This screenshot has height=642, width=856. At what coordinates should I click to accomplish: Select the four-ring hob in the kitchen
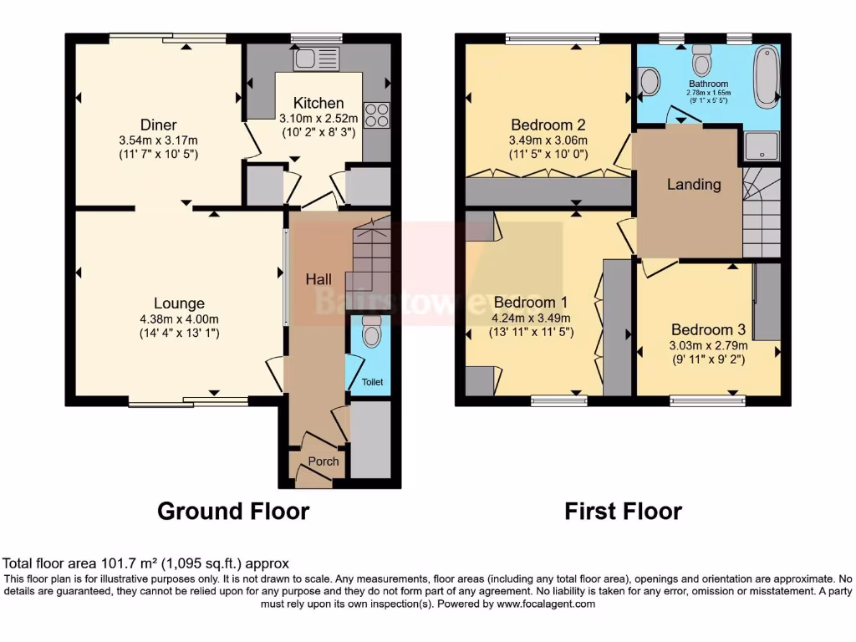click(x=377, y=115)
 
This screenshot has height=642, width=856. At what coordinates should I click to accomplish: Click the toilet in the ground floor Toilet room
click(x=372, y=334)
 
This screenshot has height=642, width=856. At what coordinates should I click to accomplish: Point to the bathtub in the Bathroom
click(x=766, y=77)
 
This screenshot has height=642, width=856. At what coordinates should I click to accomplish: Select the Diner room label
click(x=158, y=125)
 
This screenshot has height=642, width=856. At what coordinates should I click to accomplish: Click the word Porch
click(x=324, y=461)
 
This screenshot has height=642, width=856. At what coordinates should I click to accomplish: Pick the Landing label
click(x=694, y=185)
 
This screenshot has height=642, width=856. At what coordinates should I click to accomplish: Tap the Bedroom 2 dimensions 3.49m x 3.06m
click(x=548, y=140)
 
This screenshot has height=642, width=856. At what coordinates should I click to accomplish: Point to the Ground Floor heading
click(x=233, y=511)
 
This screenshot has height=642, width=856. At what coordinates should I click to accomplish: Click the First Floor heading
click(x=623, y=511)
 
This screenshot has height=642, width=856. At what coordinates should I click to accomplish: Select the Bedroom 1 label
click(x=531, y=302)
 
